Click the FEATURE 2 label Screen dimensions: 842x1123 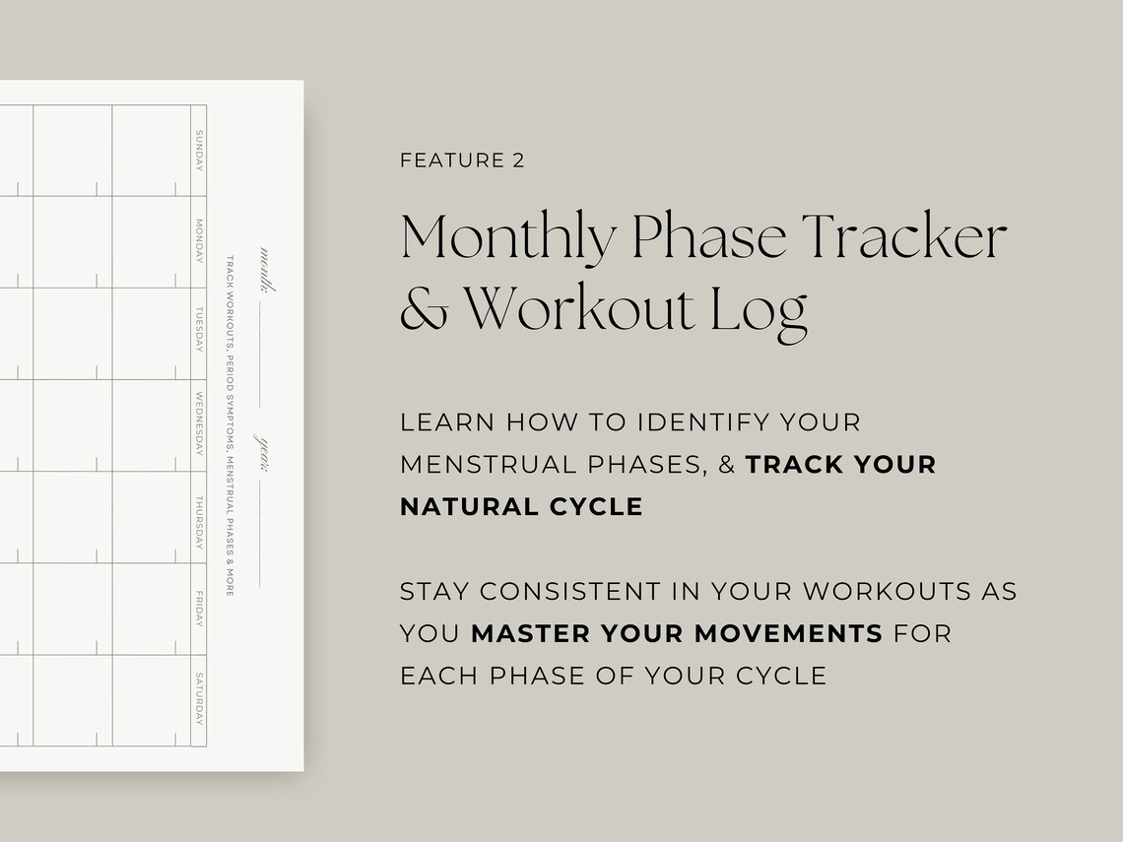[x=462, y=161]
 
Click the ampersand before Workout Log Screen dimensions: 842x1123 [x=423, y=308]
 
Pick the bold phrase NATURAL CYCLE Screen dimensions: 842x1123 [x=521, y=507]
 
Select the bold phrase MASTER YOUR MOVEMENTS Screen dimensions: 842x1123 [x=677, y=634]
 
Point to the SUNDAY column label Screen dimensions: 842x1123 [x=199, y=150]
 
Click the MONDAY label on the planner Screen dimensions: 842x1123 [x=199, y=241]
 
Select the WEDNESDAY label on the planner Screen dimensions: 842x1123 [x=199, y=424]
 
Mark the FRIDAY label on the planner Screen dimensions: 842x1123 [x=199, y=609]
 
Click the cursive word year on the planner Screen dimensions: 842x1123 [x=265, y=451]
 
